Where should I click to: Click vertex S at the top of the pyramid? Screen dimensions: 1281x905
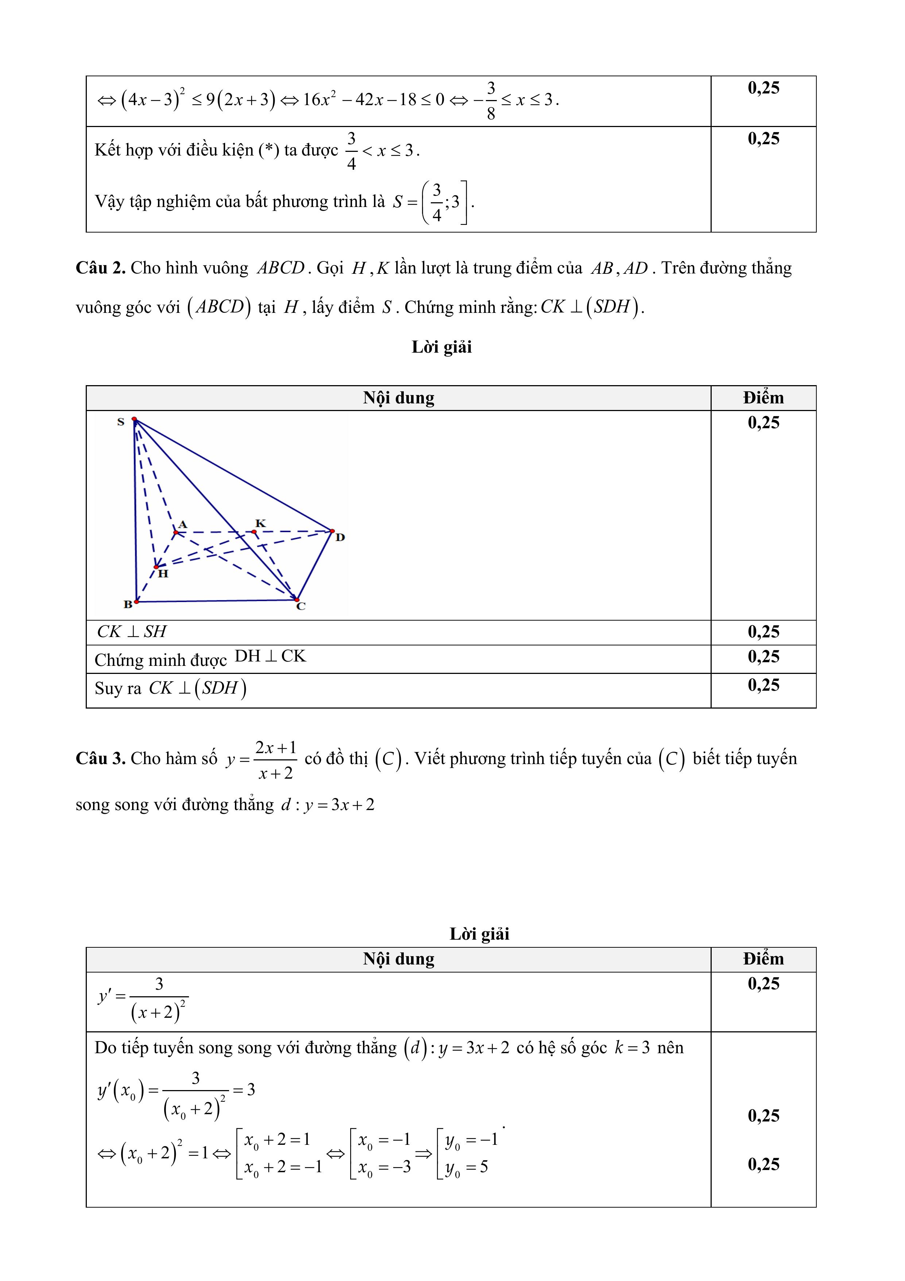pos(134,419)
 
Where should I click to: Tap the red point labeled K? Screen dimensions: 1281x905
pos(254,532)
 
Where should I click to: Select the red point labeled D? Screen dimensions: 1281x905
pos(332,530)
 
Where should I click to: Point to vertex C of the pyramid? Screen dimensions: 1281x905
pos(297,600)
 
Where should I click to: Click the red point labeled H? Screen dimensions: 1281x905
pos(156,567)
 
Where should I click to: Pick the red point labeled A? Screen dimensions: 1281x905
pos(176,532)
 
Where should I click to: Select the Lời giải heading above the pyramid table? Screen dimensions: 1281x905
pos(442,347)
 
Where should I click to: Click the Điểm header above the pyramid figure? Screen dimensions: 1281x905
pos(763,398)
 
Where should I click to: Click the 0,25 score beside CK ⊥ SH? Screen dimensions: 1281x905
pos(763,632)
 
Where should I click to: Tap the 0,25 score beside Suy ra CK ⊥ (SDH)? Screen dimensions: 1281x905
pos(763,685)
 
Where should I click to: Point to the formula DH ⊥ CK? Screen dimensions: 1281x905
pos(270,656)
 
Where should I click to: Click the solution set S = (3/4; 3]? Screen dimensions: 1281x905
pos(433,202)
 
